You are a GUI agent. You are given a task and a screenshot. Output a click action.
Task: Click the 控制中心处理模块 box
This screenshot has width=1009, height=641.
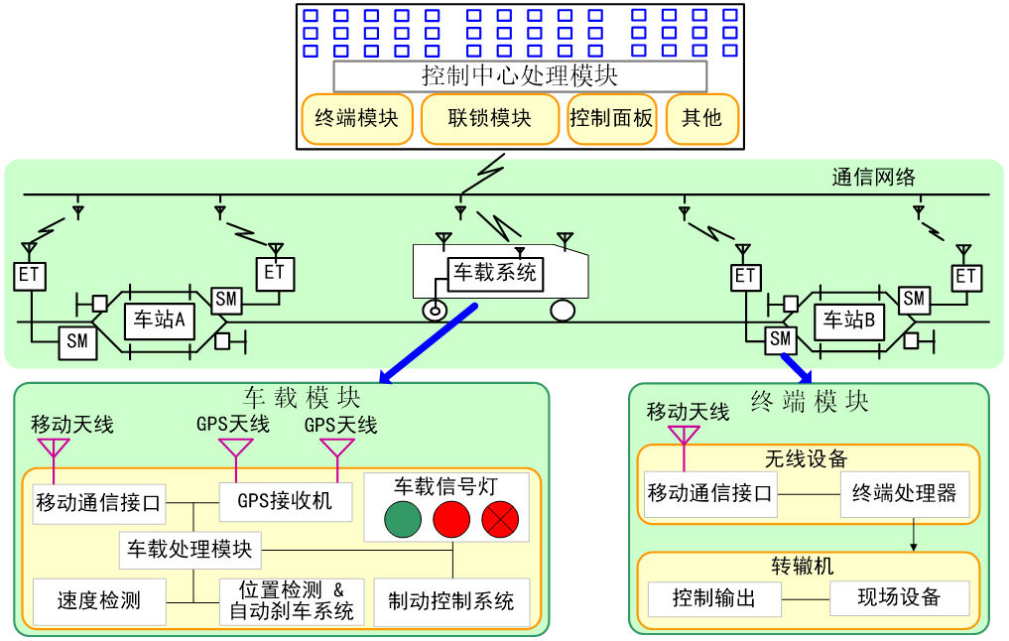click(x=520, y=76)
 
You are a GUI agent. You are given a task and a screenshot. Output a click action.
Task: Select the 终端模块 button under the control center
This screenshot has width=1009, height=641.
click(x=356, y=119)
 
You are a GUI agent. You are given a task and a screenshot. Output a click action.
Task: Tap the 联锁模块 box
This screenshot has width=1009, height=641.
click(x=489, y=119)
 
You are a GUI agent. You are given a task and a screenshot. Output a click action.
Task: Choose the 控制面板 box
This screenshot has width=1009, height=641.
click(x=612, y=119)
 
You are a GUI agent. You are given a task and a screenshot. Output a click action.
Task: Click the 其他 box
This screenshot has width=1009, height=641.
click(x=701, y=119)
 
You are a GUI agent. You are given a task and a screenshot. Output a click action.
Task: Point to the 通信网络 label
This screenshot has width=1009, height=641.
click(x=873, y=178)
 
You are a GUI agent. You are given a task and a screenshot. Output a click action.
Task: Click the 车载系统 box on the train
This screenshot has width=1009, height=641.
click(x=494, y=272)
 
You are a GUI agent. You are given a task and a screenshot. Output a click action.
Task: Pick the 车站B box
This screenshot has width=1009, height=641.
click(x=849, y=320)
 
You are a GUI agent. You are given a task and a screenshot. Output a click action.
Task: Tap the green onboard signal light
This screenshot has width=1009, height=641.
click(x=403, y=519)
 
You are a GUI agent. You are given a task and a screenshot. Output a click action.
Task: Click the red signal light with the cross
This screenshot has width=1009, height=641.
click(x=500, y=519)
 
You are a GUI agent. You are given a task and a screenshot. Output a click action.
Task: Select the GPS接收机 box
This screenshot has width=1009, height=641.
click(x=285, y=500)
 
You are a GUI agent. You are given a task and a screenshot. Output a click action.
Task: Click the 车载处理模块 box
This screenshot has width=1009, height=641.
click(x=189, y=548)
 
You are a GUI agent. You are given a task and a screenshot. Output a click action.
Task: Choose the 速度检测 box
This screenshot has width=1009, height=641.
click(x=98, y=599)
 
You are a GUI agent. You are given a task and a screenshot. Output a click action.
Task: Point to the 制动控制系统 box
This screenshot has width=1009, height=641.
click(x=450, y=600)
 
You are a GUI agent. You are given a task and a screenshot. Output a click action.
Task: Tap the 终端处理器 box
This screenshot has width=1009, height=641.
click(x=911, y=493)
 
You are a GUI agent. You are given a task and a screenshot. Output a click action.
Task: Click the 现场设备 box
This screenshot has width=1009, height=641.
click(x=898, y=597)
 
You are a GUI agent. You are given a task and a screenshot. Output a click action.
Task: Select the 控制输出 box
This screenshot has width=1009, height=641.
click(x=713, y=598)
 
